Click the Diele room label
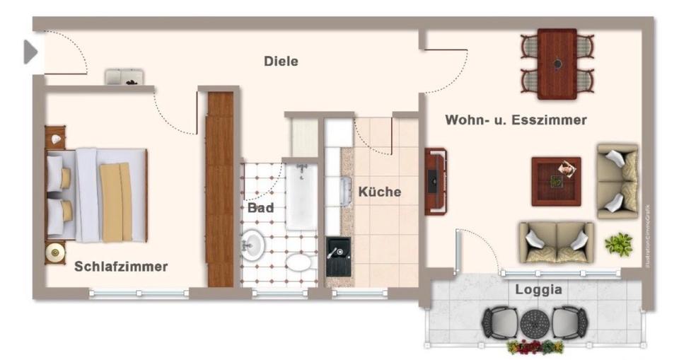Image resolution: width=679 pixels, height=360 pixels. tap(281, 62)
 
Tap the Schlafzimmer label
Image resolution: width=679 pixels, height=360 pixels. tap(121, 267)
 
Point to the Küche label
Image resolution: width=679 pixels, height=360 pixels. tap(379, 192)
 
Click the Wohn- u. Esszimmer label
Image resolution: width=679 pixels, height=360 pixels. tap(516, 120)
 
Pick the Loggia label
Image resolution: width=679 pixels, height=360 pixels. tap(538, 289)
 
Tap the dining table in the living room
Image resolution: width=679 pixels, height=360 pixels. tap(557, 64)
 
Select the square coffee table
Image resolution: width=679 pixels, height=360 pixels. tap(556, 181)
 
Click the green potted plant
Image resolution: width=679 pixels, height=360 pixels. tap(619, 244)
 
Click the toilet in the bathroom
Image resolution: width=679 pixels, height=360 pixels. tap(299, 262)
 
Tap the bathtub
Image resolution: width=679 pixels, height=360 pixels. tap(302, 197)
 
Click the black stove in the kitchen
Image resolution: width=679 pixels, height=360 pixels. tap(338, 256)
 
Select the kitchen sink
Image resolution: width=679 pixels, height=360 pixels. tap(345, 191)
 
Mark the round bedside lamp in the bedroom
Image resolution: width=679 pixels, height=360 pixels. tap(54, 252)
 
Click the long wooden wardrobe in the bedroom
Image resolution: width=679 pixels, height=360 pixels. tap(220, 189)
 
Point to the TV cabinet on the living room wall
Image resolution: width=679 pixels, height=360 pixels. tap(434, 181)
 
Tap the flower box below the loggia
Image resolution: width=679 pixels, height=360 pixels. tap(535, 347)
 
